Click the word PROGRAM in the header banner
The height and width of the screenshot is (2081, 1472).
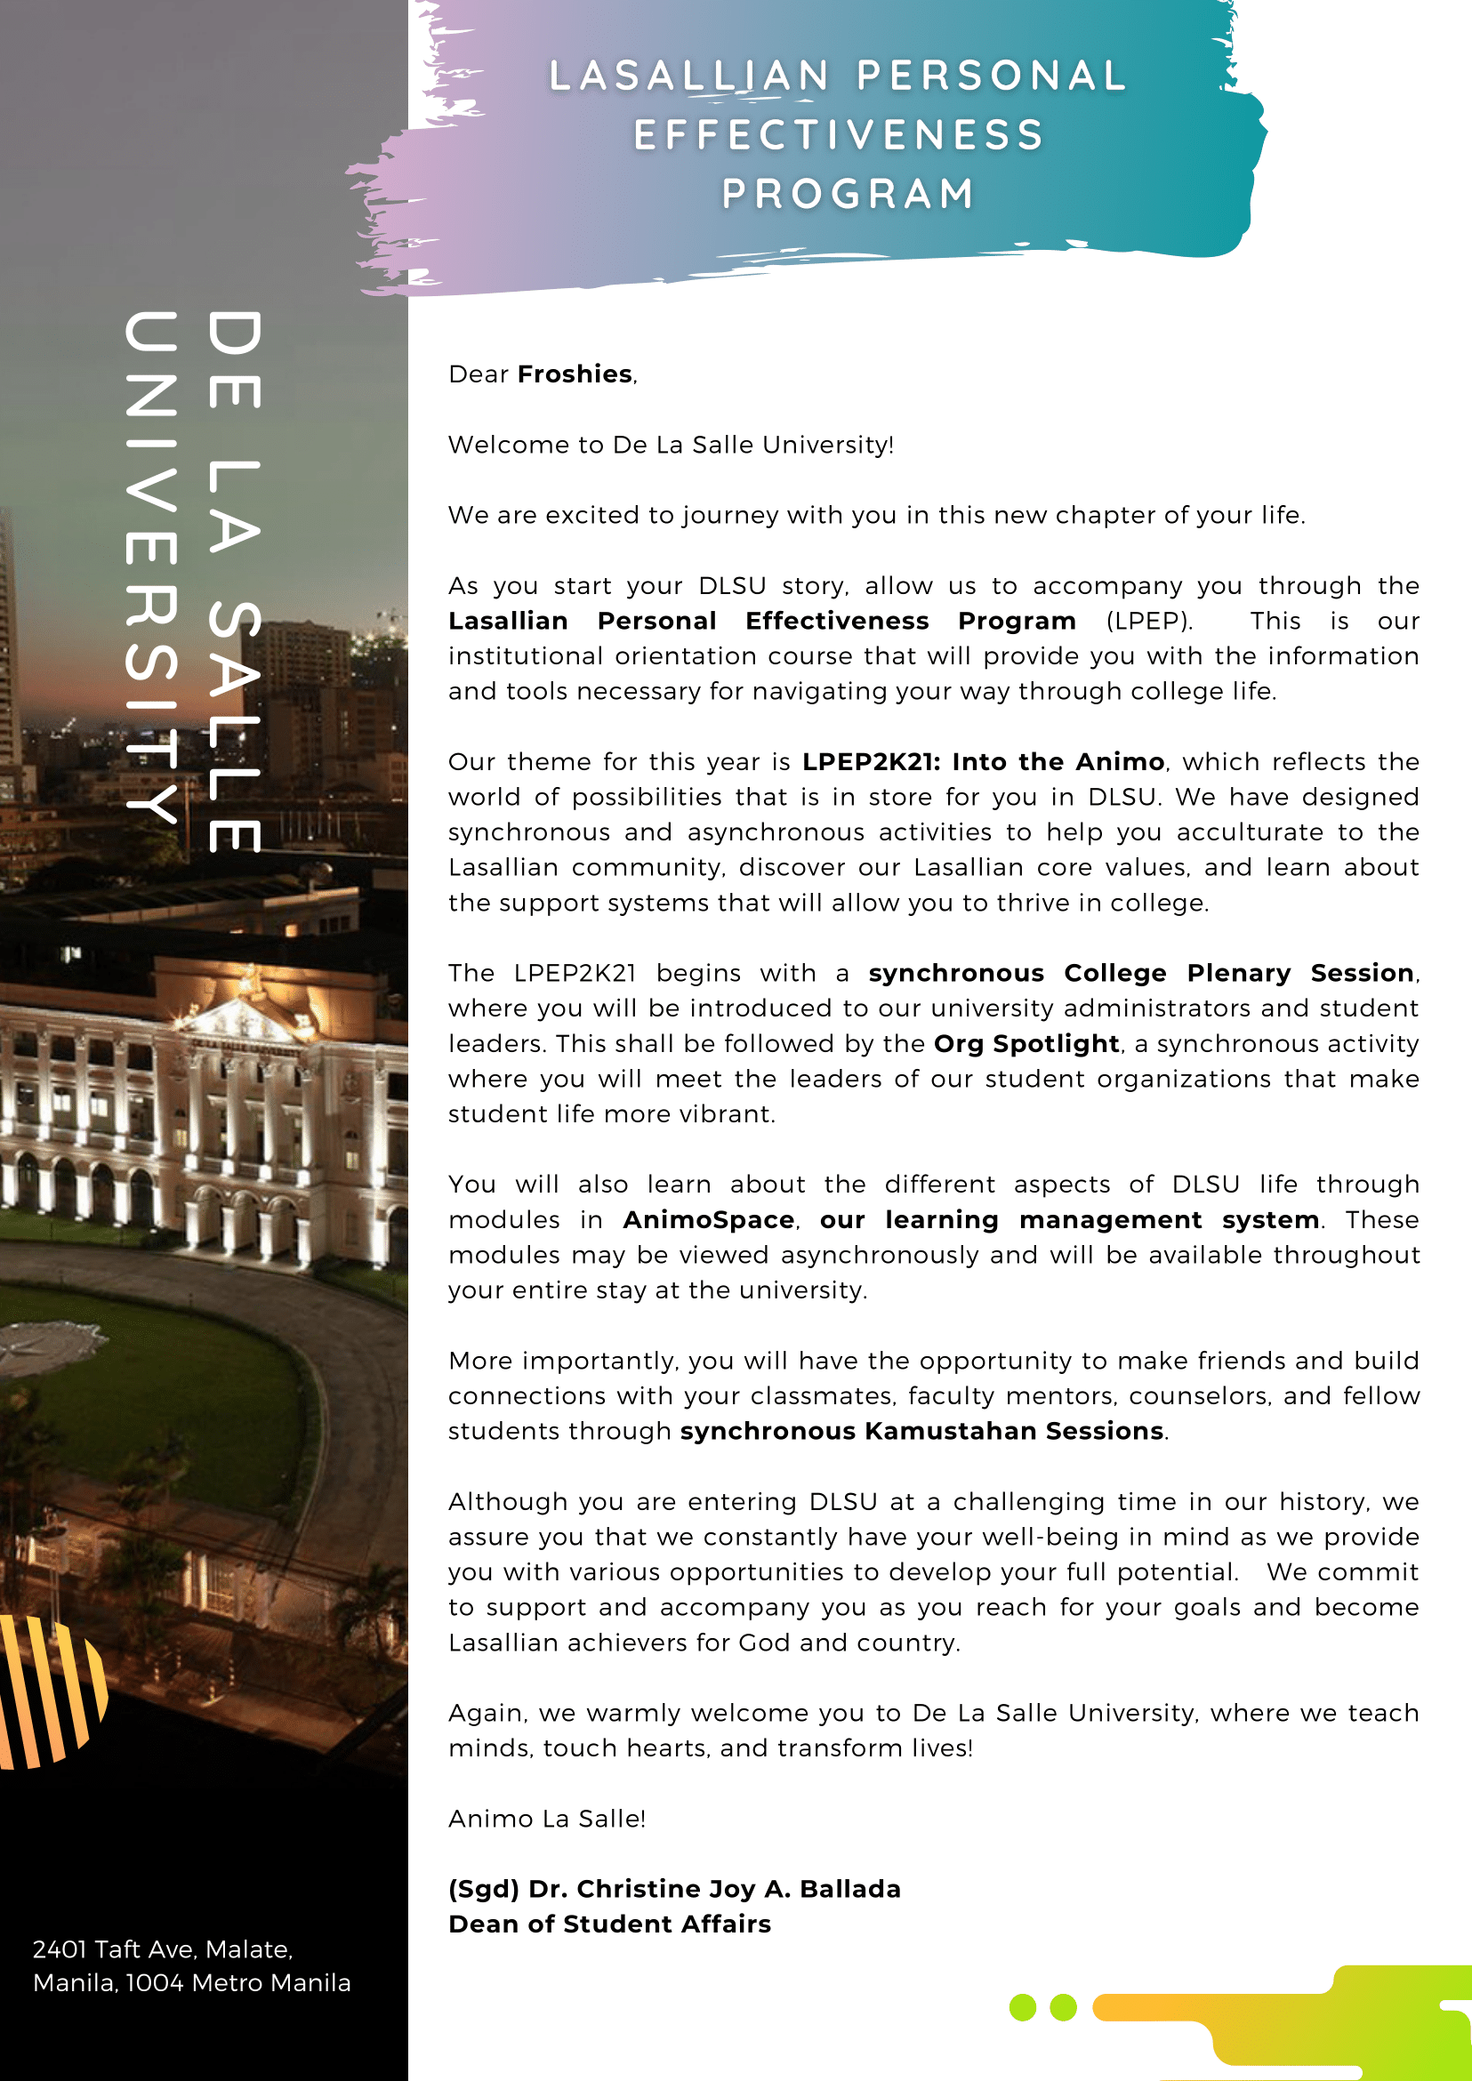click(848, 194)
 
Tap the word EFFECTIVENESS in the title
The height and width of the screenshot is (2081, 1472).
click(839, 135)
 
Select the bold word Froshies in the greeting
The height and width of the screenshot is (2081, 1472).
click(575, 374)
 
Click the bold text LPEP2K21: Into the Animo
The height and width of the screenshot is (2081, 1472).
click(983, 761)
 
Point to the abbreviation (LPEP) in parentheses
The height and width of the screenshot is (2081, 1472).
click(1148, 621)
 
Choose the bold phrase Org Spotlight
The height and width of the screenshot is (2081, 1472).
click(1026, 1043)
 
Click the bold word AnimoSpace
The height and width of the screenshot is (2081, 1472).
click(708, 1220)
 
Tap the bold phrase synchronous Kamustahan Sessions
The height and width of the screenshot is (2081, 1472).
click(921, 1431)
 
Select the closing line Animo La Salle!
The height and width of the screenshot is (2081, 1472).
click(547, 1819)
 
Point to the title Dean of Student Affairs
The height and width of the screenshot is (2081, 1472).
click(609, 1924)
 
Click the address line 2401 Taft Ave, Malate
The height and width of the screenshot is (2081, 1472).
click(163, 1949)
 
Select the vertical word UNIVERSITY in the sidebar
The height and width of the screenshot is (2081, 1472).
click(150, 566)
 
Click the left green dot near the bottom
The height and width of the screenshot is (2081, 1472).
click(1023, 2007)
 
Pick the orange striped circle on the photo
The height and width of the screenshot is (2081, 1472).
click(50, 1691)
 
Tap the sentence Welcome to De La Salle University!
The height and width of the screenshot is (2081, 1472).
click(671, 445)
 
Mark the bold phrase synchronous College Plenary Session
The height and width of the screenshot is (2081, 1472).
click(1141, 974)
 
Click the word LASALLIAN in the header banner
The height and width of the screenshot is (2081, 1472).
click(689, 76)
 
